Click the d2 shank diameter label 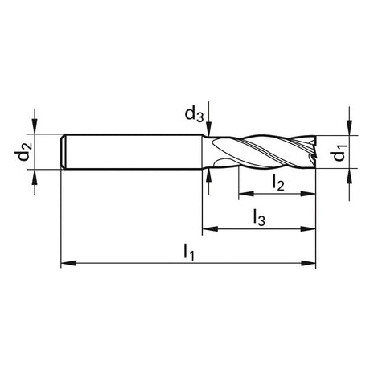pos(23,151)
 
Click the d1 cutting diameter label pos(339,153)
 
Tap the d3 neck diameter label pos(194,115)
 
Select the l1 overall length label pos(188,253)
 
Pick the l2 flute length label pos(278,183)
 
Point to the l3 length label pos(259,218)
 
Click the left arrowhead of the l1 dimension pos(68,263)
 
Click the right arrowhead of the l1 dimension pos(308,263)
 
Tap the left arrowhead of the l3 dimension pos(210,228)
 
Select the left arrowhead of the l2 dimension pos(246,194)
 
